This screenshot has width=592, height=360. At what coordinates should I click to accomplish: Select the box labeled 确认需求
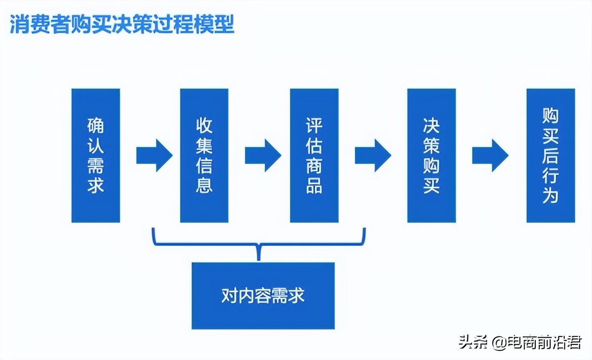coord(95,156)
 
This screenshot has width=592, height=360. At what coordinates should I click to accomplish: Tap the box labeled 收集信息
coord(204,156)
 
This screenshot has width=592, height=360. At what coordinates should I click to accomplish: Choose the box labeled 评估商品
coord(314,156)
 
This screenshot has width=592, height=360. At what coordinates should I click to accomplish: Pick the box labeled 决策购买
coord(431,156)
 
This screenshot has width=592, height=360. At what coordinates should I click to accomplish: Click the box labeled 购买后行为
coord(550,156)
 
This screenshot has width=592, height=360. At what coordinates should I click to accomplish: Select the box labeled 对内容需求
coord(263,296)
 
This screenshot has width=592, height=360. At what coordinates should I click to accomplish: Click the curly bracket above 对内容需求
coord(259,244)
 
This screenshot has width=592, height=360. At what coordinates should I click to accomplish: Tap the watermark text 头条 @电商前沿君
coord(520,342)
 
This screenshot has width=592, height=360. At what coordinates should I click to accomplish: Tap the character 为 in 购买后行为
coord(550,196)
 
